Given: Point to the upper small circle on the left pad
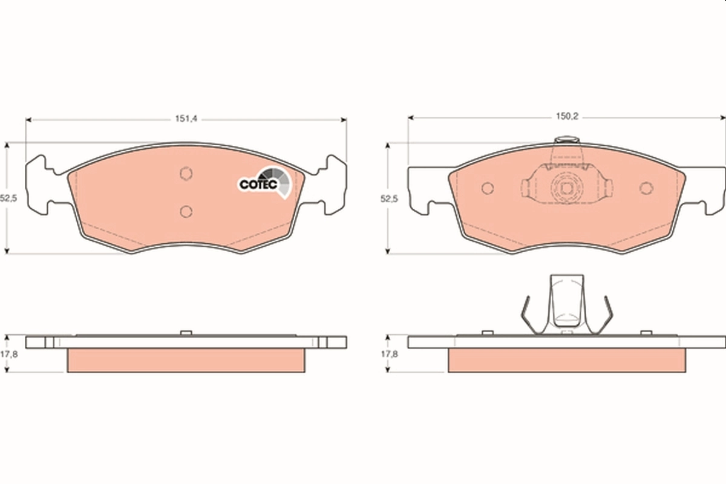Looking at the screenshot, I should click(x=186, y=174).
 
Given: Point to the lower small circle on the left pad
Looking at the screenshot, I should click(x=186, y=211).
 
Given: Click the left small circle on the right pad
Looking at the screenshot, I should click(x=488, y=188).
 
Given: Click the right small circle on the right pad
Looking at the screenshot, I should click(x=646, y=188).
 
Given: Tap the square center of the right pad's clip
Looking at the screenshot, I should click(x=567, y=188).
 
